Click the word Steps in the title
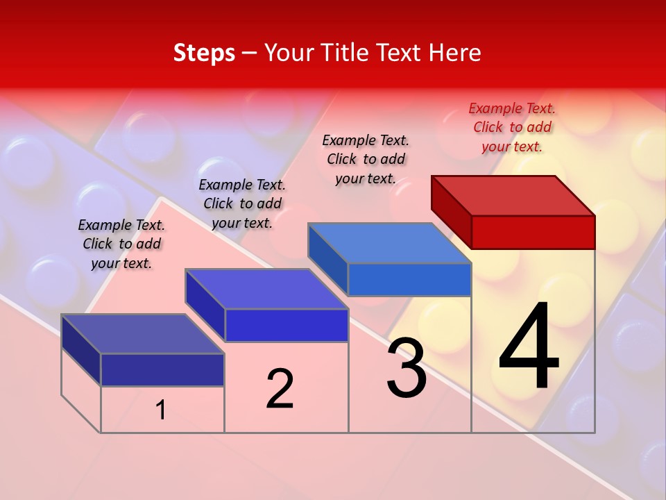pos(204,53)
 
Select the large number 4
pos(529,347)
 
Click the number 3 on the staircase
pos(407,368)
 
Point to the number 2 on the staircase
pos(280,389)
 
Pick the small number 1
pos(161,410)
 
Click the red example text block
pos(512,127)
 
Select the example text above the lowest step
pos(121,244)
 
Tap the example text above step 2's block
pos(242,203)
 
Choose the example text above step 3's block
pos(366,159)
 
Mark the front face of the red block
pos(533,232)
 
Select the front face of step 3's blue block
pos(409,279)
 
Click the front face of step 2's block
pos(287,325)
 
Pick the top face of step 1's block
pos(143,334)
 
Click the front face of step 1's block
pos(162,369)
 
